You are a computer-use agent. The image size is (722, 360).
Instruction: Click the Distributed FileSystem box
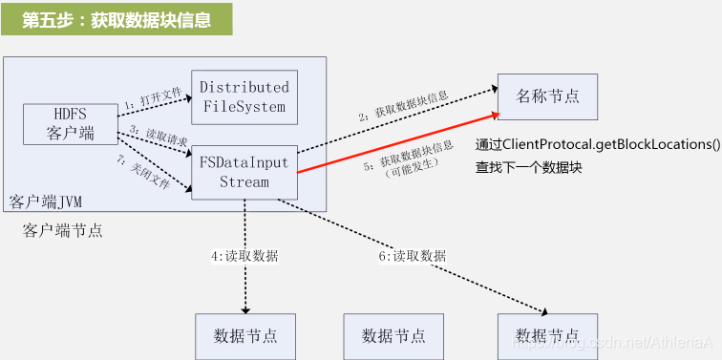point(244,96)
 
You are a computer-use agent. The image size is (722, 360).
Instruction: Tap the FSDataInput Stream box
point(244,172)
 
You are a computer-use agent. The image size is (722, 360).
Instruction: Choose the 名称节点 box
point(547,95)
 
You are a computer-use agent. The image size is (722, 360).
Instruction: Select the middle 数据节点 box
point(393,335)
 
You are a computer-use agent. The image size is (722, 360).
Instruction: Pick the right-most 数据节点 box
point(547,335)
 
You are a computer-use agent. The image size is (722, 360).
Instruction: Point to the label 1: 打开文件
point(154,97)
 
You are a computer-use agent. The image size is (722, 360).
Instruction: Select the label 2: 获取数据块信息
point(405,106)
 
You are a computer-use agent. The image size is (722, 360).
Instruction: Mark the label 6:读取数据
point(412,256)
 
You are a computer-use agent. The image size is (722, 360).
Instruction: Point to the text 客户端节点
point(63,231)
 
